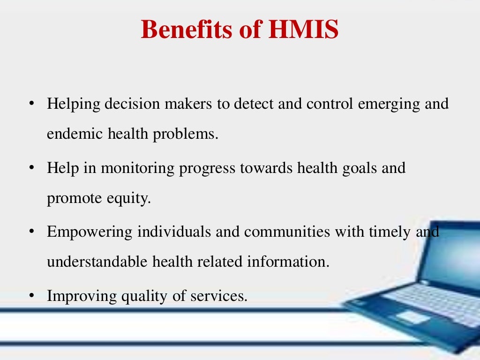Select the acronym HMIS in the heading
point(303,30)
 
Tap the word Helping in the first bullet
point(73,104)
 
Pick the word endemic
point(75,134)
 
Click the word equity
point(129,199)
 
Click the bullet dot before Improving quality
point(31,297)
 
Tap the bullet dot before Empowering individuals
point(31,232)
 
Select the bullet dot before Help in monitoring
point(31,168)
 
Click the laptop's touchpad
point(412,317)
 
